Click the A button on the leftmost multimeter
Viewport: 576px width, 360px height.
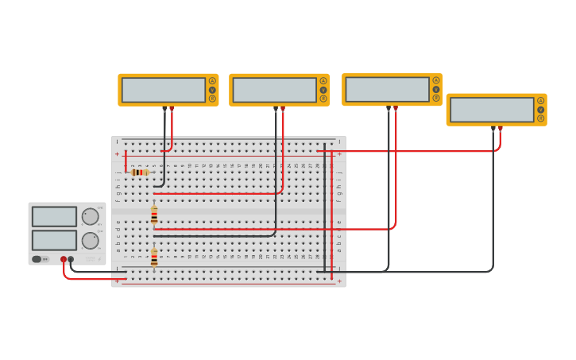[x=212, y=81]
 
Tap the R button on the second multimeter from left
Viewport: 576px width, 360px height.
[x=323, y=99]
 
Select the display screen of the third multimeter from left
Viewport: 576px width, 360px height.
[x=387, y=89]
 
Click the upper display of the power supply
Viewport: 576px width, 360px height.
[x=54, y=216]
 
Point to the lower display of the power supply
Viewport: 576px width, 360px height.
[x=54, y=240]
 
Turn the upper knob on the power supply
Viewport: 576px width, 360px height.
[x=91, y=216]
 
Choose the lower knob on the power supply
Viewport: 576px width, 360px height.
[x=91, y=240]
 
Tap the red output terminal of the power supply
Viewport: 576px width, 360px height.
[x=64, y=259]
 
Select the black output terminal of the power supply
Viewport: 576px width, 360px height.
[x=71, y=259]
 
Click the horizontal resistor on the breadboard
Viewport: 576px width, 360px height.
[x=140, y=172]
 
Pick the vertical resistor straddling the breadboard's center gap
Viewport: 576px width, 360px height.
[x=154, y=215]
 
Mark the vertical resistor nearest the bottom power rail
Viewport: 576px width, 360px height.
[x=154, y=257]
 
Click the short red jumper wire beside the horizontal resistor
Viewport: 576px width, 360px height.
[x=126, y=160]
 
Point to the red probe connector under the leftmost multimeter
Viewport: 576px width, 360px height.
[x=172, y=110]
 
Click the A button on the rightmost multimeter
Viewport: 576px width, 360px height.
[x=540, y=101]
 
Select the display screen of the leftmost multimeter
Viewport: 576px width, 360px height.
[x=163, y=90]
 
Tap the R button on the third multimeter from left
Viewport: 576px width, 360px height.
[x=436, y=99]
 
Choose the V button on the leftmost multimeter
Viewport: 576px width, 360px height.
[x=212, y=90]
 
